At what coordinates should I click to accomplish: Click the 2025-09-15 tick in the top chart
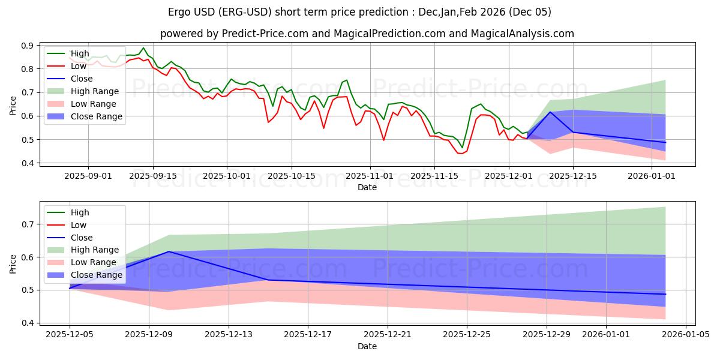(x=153, y=176)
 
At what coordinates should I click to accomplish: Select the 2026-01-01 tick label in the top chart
(x=652, y=176)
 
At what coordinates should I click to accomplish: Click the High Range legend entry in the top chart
(x=95, y=91)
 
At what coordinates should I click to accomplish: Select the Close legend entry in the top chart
(x=82, y=79)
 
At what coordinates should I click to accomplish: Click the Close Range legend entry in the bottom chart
(x=97, y=275)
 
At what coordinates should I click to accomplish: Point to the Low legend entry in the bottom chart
(x=79, y=225)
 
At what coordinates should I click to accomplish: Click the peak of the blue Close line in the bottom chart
(x=169, y=251)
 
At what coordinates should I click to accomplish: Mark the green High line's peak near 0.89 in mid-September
(x=143, y=48)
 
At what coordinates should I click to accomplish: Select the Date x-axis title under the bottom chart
(x=367, y=347)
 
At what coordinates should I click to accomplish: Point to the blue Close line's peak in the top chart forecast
(x=550, y=112)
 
